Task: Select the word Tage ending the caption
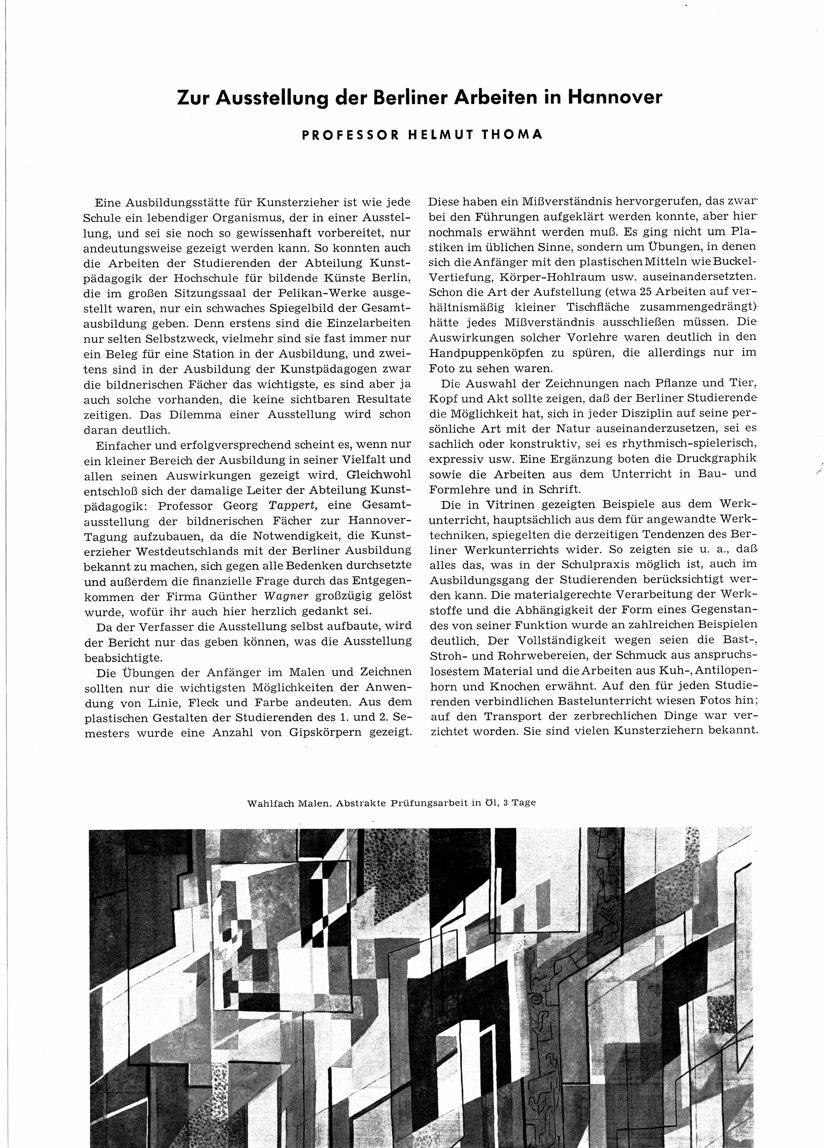[523, 803]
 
